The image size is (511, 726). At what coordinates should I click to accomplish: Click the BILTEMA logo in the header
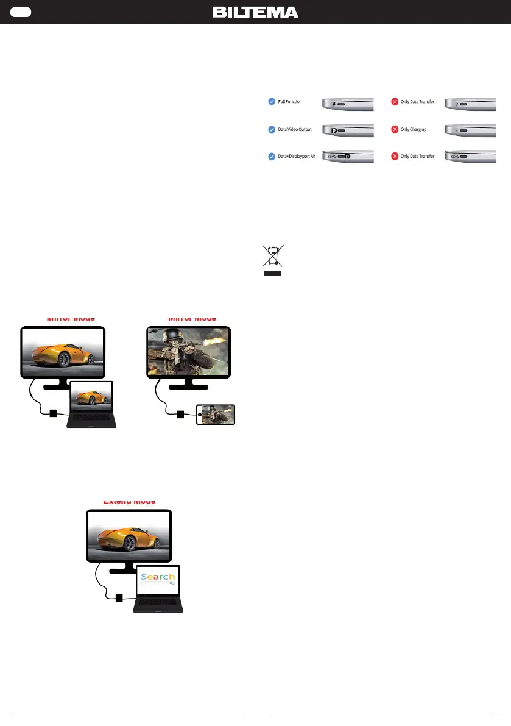click(255, 12)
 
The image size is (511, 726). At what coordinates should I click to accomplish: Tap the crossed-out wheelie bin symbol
click(272, 256)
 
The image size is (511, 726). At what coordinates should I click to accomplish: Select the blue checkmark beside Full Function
click(272, 102)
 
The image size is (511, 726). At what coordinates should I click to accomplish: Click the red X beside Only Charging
click(394, 129)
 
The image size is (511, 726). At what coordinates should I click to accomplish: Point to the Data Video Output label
click(295, 129)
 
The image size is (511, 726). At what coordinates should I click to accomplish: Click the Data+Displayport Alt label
click(297, 157)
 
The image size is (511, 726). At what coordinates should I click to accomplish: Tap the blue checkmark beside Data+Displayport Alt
click(272, 157)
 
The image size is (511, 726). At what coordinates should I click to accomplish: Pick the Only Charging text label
click(414, 129)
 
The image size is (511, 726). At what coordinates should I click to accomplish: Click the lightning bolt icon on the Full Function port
click(334, 104)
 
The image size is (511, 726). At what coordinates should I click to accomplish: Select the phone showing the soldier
click(216, 415)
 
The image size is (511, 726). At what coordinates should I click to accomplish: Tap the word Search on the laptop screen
click(158, 577)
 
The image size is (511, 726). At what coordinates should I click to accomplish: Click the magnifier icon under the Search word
click(172, 583)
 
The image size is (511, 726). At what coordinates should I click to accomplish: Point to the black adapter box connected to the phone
click(180, 415)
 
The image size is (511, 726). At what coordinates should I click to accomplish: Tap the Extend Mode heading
click(129, 501)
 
